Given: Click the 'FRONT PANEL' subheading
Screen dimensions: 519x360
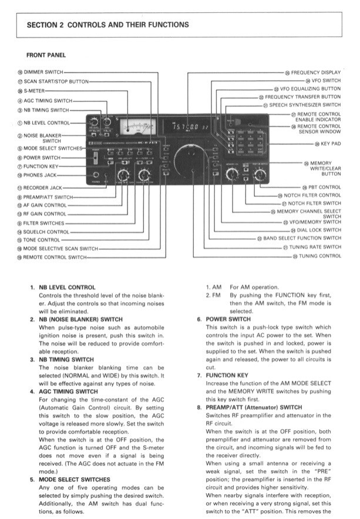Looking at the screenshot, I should click(x=46, y=55).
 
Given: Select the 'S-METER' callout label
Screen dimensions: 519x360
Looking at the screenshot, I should click(x=35, y=91).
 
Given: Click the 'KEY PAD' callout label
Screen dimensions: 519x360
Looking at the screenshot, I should click(x=330, y=144).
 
